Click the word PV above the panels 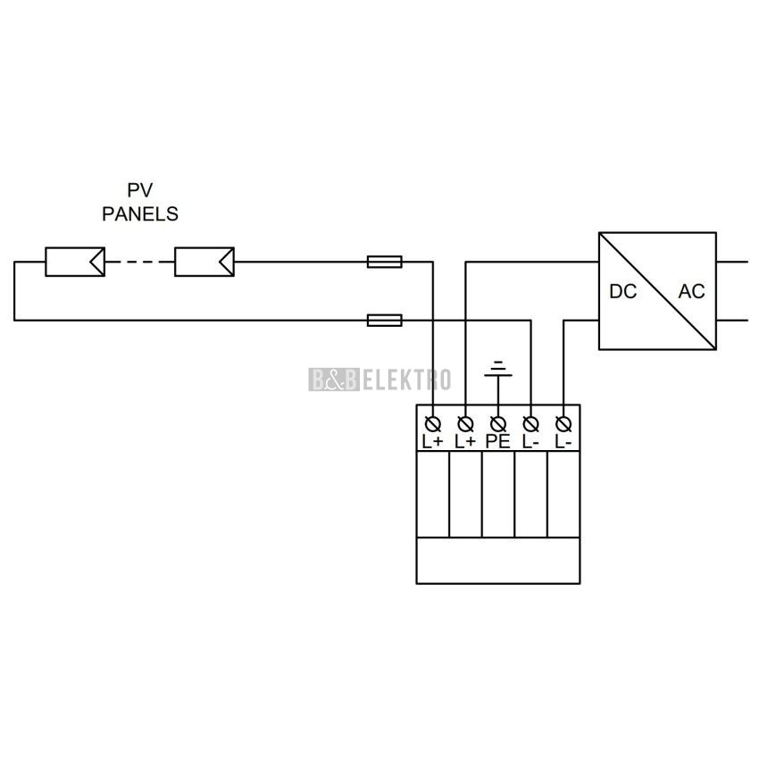click(140, 190)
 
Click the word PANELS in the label click(140, 214)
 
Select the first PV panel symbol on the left click(75, 262)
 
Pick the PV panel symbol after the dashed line click(204, 262)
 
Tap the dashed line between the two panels click(140, 262)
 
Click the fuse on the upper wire click(384, 262)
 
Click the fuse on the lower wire click(384, 320)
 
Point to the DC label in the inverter click(623, 291)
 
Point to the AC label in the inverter click(691, 291)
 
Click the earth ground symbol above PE click(498, 369)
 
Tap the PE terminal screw click(498, 424)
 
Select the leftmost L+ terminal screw click(433, 424)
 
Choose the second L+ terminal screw click(465, 424)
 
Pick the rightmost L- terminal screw click(563, 424)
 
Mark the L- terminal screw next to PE click(531, 424)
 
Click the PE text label click(498, 441)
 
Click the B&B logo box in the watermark click(334, 379)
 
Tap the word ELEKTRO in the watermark click(406, 379)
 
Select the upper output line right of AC click(732, 262)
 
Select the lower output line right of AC click(732, 320)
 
